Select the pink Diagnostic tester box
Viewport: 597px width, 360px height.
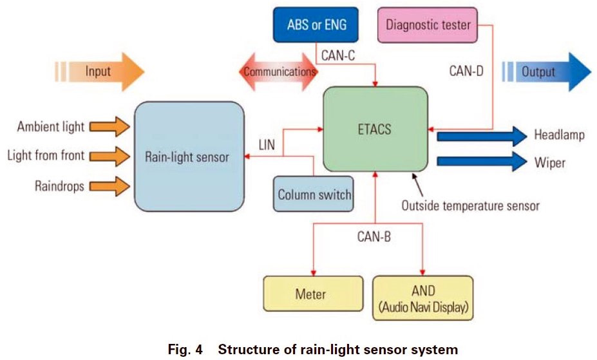click(428, 26)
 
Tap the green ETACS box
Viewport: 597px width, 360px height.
click(375, 128)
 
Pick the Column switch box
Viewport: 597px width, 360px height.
click(314, 194)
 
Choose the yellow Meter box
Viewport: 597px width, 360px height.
click(310, 295)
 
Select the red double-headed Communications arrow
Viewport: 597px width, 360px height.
click(279, 71)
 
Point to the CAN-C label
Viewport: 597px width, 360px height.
click(337, 56)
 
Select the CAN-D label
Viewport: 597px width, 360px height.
click(467, 71)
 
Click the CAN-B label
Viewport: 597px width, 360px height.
click(374, 236)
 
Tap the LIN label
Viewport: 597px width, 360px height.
click(266, 145)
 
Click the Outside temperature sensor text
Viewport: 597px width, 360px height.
click(470, 206)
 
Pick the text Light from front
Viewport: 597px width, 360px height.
click(46, 156)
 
